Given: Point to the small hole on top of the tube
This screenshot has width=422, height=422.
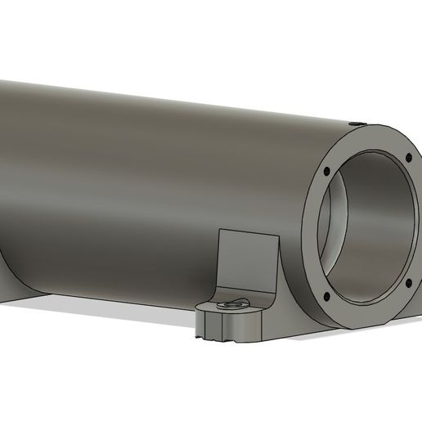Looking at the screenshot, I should pyautogui.click(x=357, y=122).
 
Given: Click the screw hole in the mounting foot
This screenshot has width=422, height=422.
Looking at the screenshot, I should pyautogui.click(x=232, y=303).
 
